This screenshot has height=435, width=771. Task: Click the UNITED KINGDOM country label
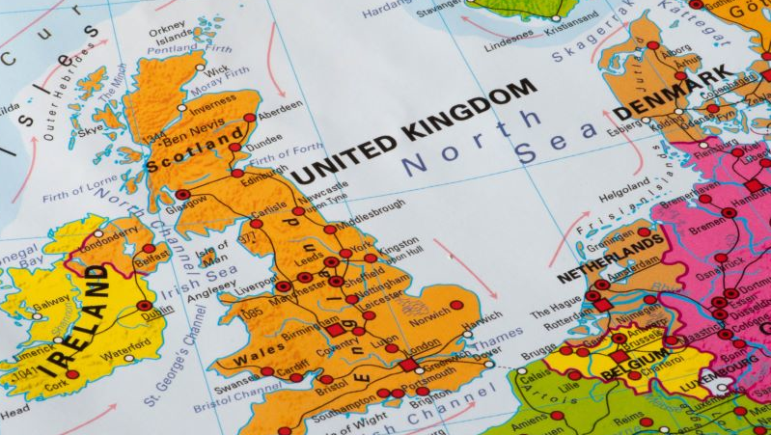click(x=415, y=131)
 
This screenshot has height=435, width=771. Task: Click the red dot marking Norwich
click(x=456, y=305)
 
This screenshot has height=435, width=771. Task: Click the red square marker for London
click(x=409, y=365)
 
